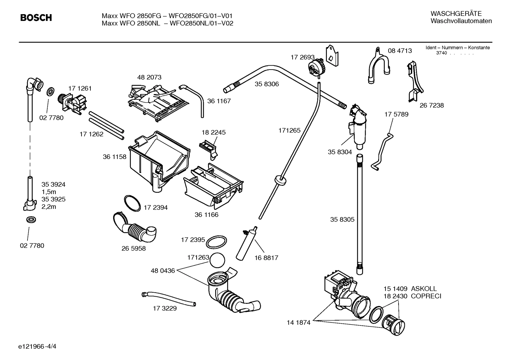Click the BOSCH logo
(36, 18)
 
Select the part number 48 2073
(149, 77)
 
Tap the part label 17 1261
(80, 88)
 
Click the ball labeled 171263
(217, 261)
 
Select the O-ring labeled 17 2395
(216, 243)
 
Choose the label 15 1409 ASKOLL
(410, 289)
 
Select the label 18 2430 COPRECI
(412, 296)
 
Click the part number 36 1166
(206, 214)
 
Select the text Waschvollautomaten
(461, 21)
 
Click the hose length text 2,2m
(49, 207)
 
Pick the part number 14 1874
(298, 322)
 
